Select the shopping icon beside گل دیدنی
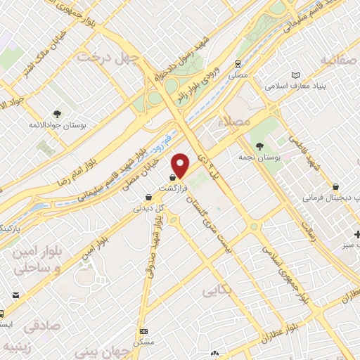tap(148, 198)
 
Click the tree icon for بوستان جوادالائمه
tap(57, 112)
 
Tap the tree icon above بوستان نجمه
tap(260, 146)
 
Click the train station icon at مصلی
tap(239, 63)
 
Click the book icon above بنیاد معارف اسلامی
tap(295, 75)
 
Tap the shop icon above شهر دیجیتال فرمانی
tap(337, 187)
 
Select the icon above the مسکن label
tap(144, 330)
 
